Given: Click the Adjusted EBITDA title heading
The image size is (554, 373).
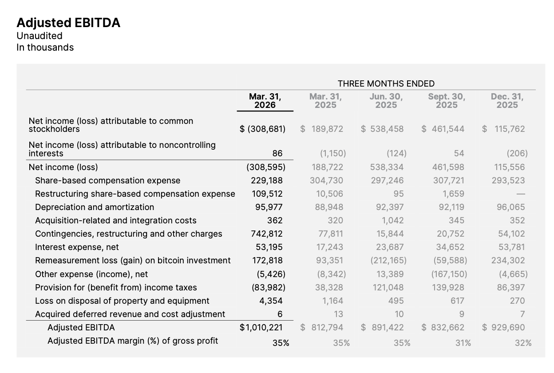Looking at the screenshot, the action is tap(68, 23).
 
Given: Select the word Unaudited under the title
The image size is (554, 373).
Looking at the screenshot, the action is tap(40, 36).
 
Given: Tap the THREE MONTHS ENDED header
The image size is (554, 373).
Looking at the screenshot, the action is tap(386, 83).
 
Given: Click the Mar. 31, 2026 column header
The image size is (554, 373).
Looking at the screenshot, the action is tap(265, 101).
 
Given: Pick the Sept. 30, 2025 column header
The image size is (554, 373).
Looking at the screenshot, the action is tap(447, 101).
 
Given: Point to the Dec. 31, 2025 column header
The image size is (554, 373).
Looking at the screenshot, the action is tap(507, 101).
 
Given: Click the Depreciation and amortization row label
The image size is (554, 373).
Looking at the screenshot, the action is tap(95, 207).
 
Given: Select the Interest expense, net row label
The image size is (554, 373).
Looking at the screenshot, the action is tap(77, 247).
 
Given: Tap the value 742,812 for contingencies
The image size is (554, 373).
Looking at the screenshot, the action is tap(267, 234).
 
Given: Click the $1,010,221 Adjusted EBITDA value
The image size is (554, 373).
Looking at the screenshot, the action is tap(261, 328).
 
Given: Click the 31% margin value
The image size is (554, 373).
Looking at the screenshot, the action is tap(463, 343).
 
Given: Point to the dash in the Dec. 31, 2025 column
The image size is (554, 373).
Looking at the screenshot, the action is tap(521, 194).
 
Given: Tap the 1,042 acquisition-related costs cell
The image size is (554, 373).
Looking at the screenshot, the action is tap(393, 220).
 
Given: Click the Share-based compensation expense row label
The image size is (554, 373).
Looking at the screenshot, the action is tap(107, 181).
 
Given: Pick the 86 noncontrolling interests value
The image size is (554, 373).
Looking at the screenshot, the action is tap(277, 153).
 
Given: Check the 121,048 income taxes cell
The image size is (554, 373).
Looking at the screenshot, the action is tap(388, 287).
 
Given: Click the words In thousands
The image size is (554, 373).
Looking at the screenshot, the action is tap(45, 48).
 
